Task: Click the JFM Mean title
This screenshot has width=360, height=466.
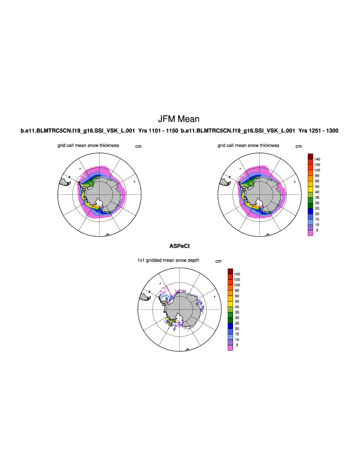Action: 178,119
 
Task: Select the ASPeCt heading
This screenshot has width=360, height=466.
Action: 180,246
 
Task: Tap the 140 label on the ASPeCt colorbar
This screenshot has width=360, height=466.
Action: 237,274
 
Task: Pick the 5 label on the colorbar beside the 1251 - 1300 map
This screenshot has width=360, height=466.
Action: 317,230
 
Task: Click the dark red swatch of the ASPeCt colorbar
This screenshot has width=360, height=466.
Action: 231,271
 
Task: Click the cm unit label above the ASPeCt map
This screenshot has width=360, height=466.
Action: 218,261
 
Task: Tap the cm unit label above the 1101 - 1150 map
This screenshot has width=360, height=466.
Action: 138,147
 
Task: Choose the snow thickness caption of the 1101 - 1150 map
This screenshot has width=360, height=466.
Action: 88,146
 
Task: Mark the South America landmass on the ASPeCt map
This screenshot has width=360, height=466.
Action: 145,298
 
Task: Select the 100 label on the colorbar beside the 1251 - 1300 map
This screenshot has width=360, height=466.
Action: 317,170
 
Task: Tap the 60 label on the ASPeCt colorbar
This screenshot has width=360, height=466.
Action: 237,296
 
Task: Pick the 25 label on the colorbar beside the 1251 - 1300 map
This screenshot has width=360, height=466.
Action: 317,208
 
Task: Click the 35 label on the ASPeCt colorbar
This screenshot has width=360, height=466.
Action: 237,312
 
